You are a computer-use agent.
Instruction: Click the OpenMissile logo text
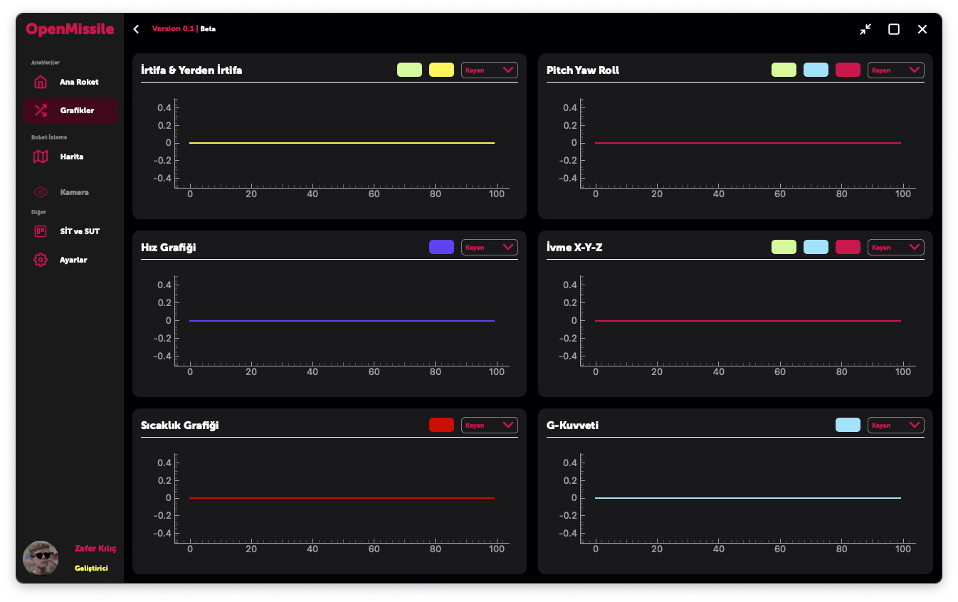pos(70,29)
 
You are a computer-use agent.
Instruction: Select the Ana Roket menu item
pos(78,82)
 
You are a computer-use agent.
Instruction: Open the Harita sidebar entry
pos(71,157)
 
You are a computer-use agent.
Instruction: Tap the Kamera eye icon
pos(41,192)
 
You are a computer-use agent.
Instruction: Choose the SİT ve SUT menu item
pos(79,231)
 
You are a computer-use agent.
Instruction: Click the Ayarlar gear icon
pos(41,260)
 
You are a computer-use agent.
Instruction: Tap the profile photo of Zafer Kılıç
pos(41,559)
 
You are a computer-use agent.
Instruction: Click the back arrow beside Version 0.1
pos(136,29)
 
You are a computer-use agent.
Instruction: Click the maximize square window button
pos(894,29)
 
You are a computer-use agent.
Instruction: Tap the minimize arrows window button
pos(865,29)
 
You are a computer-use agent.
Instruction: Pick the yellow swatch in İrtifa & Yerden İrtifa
pos(441,70)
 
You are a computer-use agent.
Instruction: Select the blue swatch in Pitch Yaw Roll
pos(816,70)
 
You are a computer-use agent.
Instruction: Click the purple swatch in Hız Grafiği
pos(441,247)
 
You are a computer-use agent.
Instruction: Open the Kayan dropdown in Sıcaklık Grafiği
pos(490,425)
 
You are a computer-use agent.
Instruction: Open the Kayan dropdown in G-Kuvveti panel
pos(895,425)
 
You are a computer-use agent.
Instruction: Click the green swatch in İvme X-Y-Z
pos(784,247)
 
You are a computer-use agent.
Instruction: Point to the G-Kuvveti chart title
pos(572,425)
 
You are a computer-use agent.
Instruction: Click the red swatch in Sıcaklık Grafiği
pos(441,425)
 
